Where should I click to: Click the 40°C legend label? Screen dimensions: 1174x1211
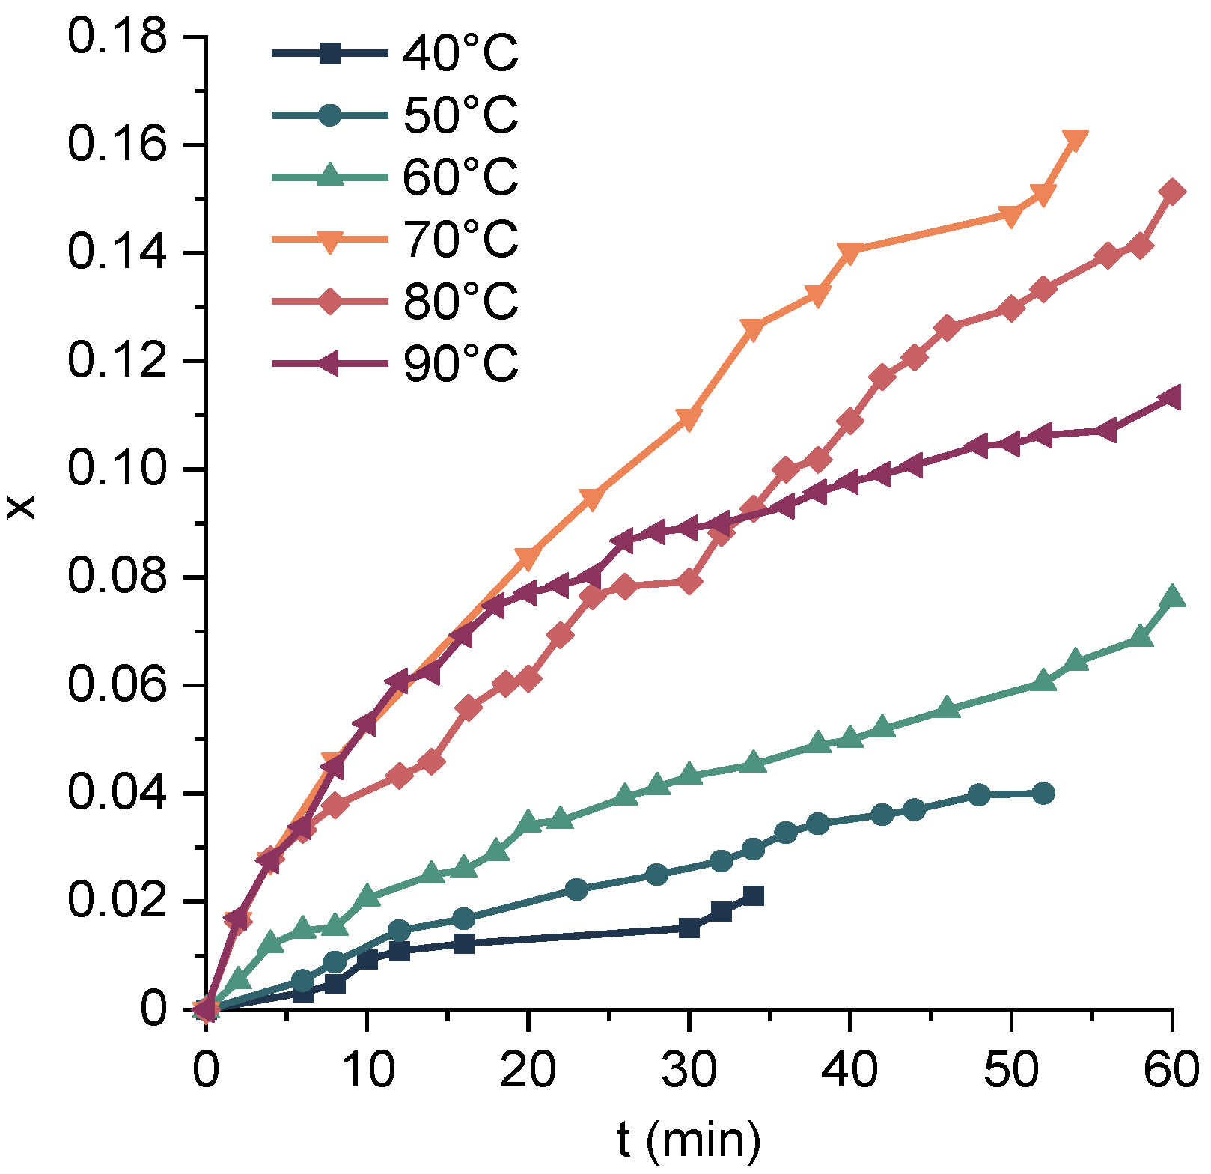coord(460,54)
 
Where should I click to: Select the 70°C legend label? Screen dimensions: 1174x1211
coord(460,240)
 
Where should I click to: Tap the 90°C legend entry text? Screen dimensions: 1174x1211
coord(460,364)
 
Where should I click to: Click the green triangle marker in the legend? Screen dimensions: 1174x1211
coord(330,177)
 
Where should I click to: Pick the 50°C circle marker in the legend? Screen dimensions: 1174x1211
coord(330,115)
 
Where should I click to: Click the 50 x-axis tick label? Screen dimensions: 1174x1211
coord(1011,1071)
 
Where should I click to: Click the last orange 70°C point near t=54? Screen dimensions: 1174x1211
coord(1075,139)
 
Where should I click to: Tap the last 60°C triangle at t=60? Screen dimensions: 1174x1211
coord(1171,597)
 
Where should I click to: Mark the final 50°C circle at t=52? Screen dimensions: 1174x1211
coord(1043,794)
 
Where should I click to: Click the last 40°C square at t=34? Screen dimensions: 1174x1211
coord(754,896)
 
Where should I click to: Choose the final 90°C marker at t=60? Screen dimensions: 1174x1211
coord(1170,398)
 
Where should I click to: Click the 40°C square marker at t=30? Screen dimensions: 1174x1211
coord(689,928)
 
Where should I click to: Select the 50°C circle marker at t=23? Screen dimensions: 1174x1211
coord(576,889)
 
